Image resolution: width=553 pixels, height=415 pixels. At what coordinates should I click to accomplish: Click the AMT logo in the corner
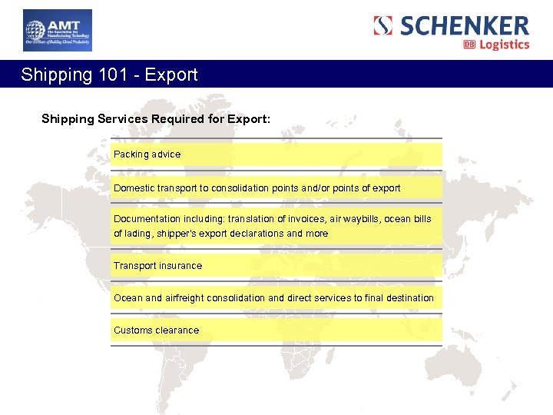tap(58, 30)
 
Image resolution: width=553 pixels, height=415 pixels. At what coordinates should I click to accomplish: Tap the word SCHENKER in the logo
tap(464, 25)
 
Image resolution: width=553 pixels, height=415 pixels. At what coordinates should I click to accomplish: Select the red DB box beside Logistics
tap(469, 45)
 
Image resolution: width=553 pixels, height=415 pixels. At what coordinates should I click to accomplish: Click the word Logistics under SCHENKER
tap(505, 45)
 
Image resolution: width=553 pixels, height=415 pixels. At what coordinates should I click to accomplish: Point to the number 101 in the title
tap(119, 75)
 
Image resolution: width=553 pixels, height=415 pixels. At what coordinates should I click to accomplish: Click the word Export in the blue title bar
tap(171, 75)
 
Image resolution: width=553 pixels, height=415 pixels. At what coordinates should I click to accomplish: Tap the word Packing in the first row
tap(131, 154)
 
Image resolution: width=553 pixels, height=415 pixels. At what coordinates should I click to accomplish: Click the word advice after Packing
tap(166, 154)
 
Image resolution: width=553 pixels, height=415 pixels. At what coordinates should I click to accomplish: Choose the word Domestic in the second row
tap(134, 188)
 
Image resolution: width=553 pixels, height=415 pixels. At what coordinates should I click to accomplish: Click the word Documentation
tap(148, 219)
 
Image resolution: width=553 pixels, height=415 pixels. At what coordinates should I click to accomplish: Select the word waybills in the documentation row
tap(361, 219)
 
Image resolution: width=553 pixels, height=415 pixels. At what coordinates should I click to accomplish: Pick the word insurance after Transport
tap(182, 266)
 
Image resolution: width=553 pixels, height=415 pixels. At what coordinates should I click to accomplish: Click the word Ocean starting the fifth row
tap(128, 298)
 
